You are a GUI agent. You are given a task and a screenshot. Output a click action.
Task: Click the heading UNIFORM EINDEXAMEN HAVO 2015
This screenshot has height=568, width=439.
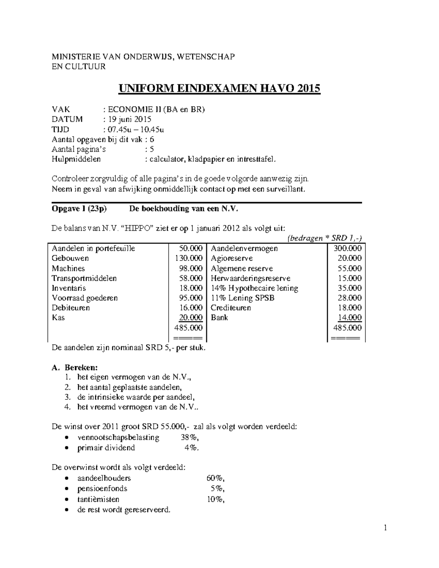[x=218, y=89]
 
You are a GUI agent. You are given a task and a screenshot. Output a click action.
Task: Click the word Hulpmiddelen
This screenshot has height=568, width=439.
[x=76, y=159]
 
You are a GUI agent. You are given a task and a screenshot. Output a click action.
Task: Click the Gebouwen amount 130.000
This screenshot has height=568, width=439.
[x=188, y=258]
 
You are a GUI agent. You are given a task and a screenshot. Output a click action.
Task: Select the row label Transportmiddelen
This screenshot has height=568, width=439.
[x=84, y=278]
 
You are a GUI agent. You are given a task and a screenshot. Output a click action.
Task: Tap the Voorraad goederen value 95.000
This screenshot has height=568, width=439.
[x=191, y=298]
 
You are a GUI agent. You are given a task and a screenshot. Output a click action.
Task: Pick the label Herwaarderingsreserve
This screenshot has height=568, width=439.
[x=251, y=278]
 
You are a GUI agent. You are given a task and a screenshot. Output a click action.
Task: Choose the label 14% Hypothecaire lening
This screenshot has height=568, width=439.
[x=254, y=288]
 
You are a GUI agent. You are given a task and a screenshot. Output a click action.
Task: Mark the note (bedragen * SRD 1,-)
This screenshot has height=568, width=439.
[x=324, y=238]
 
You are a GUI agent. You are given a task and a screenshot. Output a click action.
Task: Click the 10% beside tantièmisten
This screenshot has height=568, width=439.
[x=215, y=499]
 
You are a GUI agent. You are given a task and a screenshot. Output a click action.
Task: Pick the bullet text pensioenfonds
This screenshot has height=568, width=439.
[x=102, y=489]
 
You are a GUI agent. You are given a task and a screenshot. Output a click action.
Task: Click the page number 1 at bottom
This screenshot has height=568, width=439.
[x=385, y=528]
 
